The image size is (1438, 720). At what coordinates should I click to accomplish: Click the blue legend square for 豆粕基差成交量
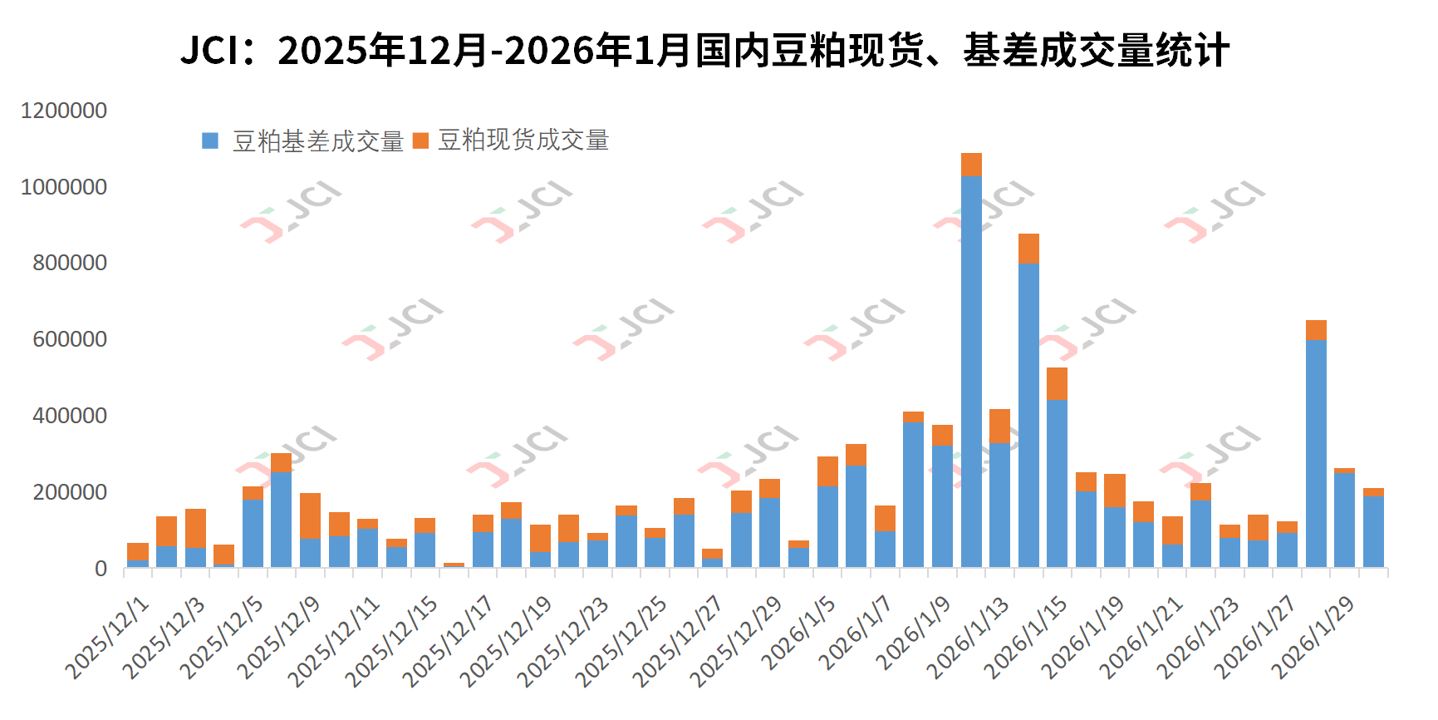[210, 141]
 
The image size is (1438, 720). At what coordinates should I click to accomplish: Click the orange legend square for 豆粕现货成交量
[420, 141]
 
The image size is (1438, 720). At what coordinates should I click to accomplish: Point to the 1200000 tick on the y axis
[64, 111]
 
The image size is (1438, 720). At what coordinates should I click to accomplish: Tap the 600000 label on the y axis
[70, 339]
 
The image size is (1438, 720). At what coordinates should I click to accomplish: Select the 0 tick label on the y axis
[101, 569]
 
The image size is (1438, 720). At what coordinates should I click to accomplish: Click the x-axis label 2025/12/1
[108, 638]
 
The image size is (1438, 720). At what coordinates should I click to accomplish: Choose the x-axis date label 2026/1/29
[1314, 638]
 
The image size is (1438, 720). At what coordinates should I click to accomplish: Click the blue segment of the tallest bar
[971, 374]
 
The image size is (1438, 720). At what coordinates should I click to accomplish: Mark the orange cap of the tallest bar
[971, 164]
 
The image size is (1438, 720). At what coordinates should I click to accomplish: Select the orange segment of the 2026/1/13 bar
[1000, 426]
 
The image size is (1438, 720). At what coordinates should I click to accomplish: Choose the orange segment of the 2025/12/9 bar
[310, 515]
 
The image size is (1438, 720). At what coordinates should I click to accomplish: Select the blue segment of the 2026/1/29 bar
[1345, 520]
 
